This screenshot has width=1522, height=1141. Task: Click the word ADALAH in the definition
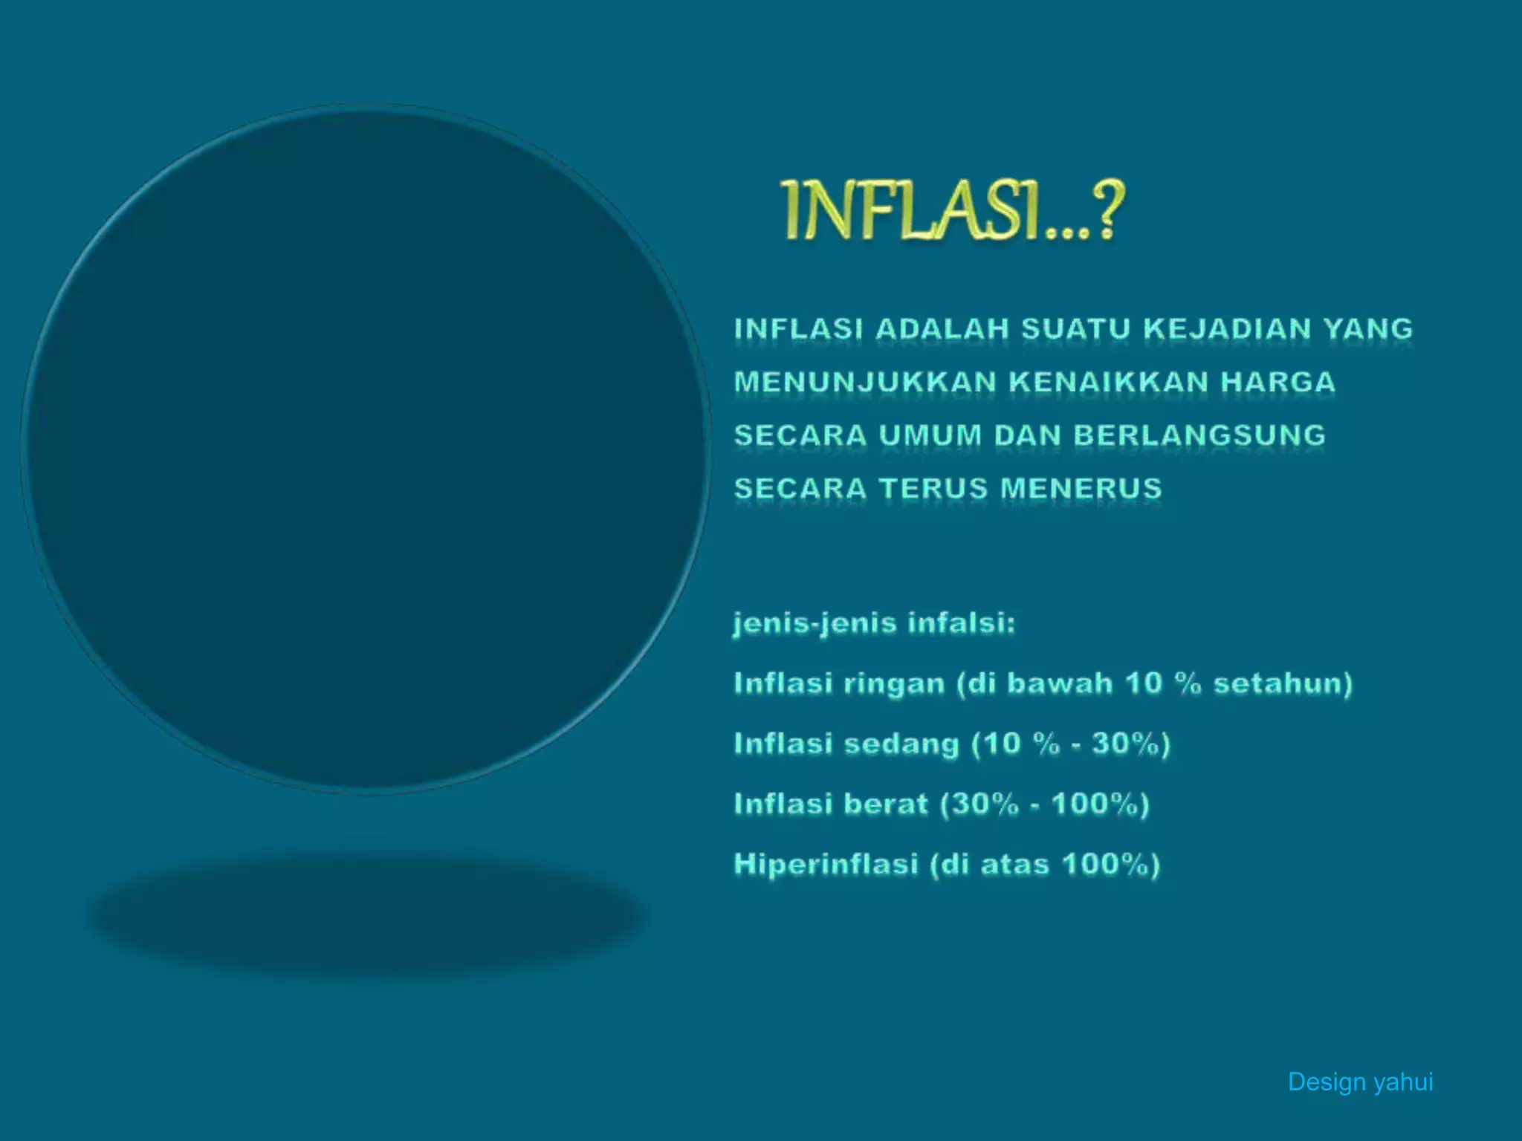[x=942, y=329]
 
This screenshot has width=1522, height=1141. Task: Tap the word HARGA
[x=1278, y=383]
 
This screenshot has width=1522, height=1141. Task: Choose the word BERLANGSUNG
[x=1199, y=435]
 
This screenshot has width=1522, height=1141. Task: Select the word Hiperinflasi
[x=826, y=865]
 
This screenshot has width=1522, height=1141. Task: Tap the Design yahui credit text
[x=1360, y=1082]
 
